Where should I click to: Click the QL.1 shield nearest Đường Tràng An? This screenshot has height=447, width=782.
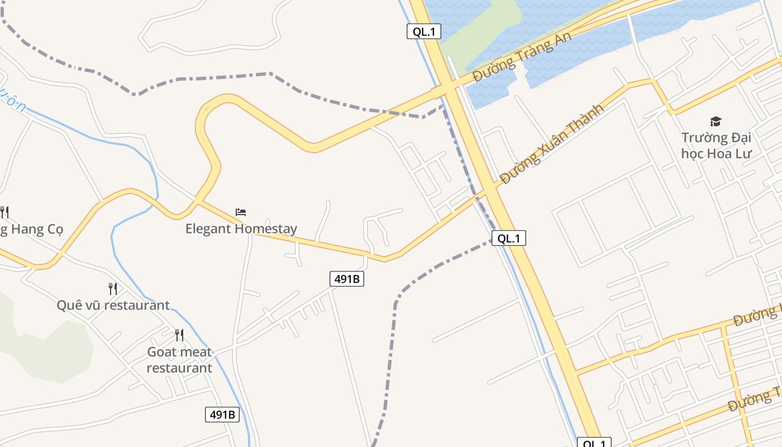coord(424,31)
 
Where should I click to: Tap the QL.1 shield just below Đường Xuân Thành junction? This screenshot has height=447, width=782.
coord(509,238)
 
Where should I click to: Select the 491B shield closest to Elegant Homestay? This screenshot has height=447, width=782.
coord(347,278)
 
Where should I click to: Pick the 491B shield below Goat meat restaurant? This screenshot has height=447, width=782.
coord(222,414)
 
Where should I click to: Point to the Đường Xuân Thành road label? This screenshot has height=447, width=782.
coord(552,144)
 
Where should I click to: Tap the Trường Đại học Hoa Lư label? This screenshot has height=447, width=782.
coord(716,145)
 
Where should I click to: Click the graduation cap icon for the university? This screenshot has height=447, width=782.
coord(716,121)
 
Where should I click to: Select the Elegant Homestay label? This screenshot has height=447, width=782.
coord(241,229)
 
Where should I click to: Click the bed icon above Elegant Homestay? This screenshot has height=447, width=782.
coord(241,212)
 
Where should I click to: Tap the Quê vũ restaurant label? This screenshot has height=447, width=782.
coord(113,305)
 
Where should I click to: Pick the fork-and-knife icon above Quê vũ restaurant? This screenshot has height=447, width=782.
coord(113,288)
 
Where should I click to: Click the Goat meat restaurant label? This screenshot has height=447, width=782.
coord(179,360)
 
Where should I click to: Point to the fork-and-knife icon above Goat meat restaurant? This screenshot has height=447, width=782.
coord(179,335)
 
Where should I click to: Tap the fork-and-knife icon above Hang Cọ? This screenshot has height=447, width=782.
coord(4,212)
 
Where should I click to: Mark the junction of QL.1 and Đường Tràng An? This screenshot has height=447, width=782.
coord(447,89)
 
